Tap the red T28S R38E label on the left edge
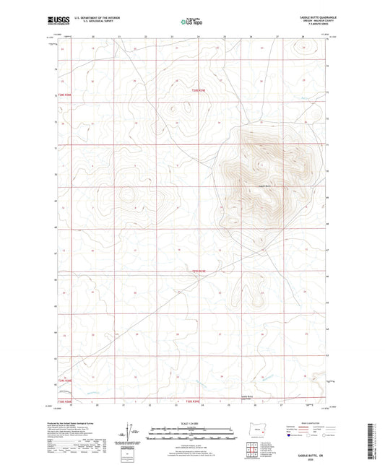[66, 95]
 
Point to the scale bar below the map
[191, 433]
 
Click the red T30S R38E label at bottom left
[66, 402]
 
